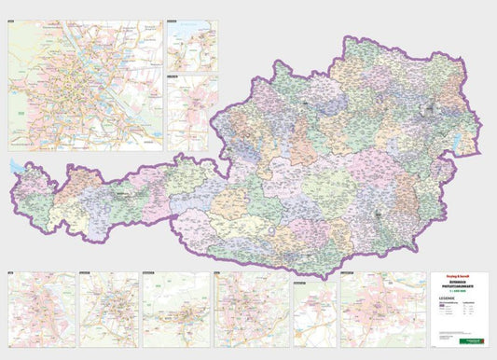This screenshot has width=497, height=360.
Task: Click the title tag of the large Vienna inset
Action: (16, 21)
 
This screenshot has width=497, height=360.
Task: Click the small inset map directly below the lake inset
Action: (191, 112)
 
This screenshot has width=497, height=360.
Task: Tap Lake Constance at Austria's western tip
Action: (17, 168)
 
